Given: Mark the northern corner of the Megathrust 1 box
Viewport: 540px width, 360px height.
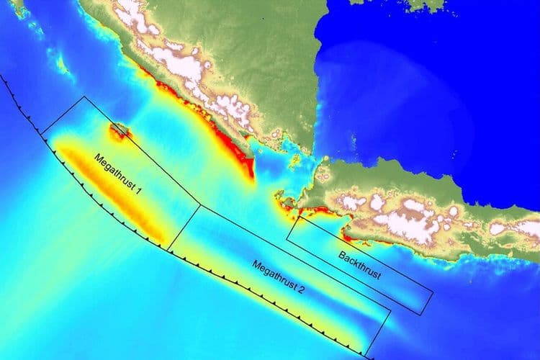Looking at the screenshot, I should (x=84, y=96).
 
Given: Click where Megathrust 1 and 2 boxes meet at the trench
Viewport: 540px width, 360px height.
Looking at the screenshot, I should (x=168, y=250).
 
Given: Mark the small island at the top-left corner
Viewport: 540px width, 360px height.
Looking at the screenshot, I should (x=17, y=7).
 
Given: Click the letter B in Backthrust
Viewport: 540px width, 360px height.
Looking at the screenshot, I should (x=341, y=254).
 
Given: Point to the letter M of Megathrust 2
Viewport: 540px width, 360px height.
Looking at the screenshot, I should (x=256, y=265).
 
